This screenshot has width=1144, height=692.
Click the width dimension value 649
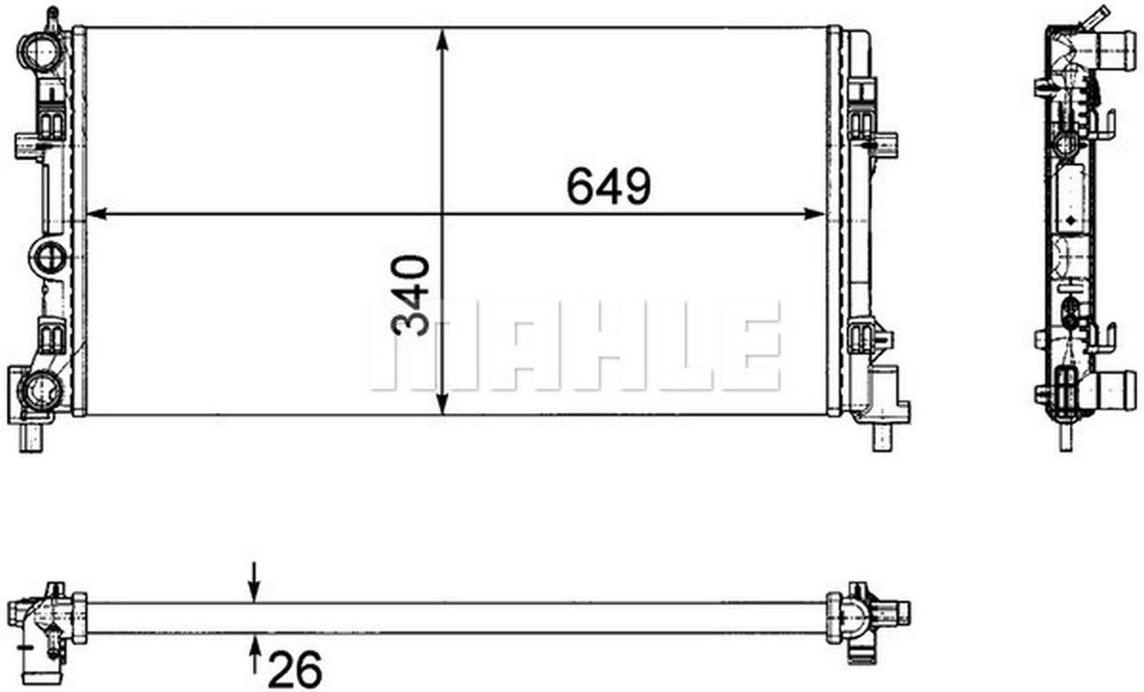[x=609, y=186]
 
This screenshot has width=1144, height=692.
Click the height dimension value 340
[x=411, y=296]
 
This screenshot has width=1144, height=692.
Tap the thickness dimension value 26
[x=295, y=669]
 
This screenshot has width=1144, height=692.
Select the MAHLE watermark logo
[x=576, y=346]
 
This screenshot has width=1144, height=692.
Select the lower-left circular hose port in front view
[x=40, y=389]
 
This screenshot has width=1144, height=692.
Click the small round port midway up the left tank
[x=48, y=257]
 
